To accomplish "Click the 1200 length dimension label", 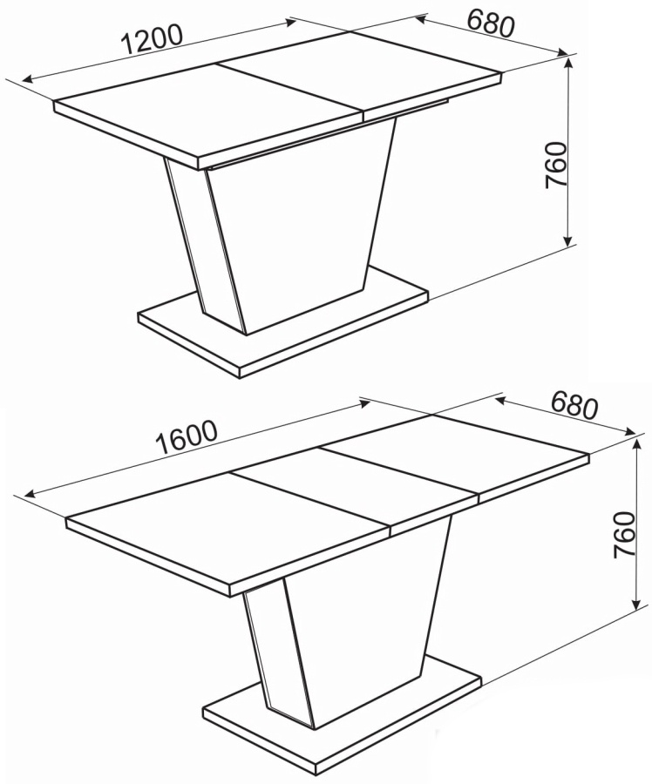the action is click(x=152, y=38).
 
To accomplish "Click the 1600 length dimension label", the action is click(x=187, y=436).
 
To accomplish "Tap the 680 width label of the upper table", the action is click(x=491, y=24).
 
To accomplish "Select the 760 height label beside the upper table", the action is click(x=556, y=165).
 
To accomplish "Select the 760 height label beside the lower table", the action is click(x=625, y=535).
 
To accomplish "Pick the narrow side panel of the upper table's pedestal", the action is click(x=204, y=240).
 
